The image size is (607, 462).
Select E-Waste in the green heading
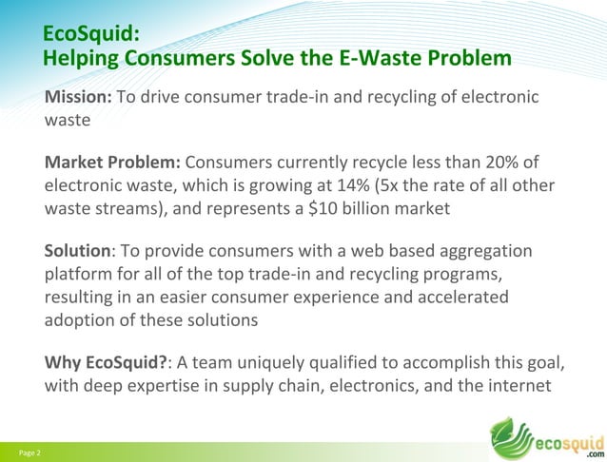pyautogui.click(x=388, y=59)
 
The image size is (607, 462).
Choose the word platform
pyautogui.click(x=79, y=276)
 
